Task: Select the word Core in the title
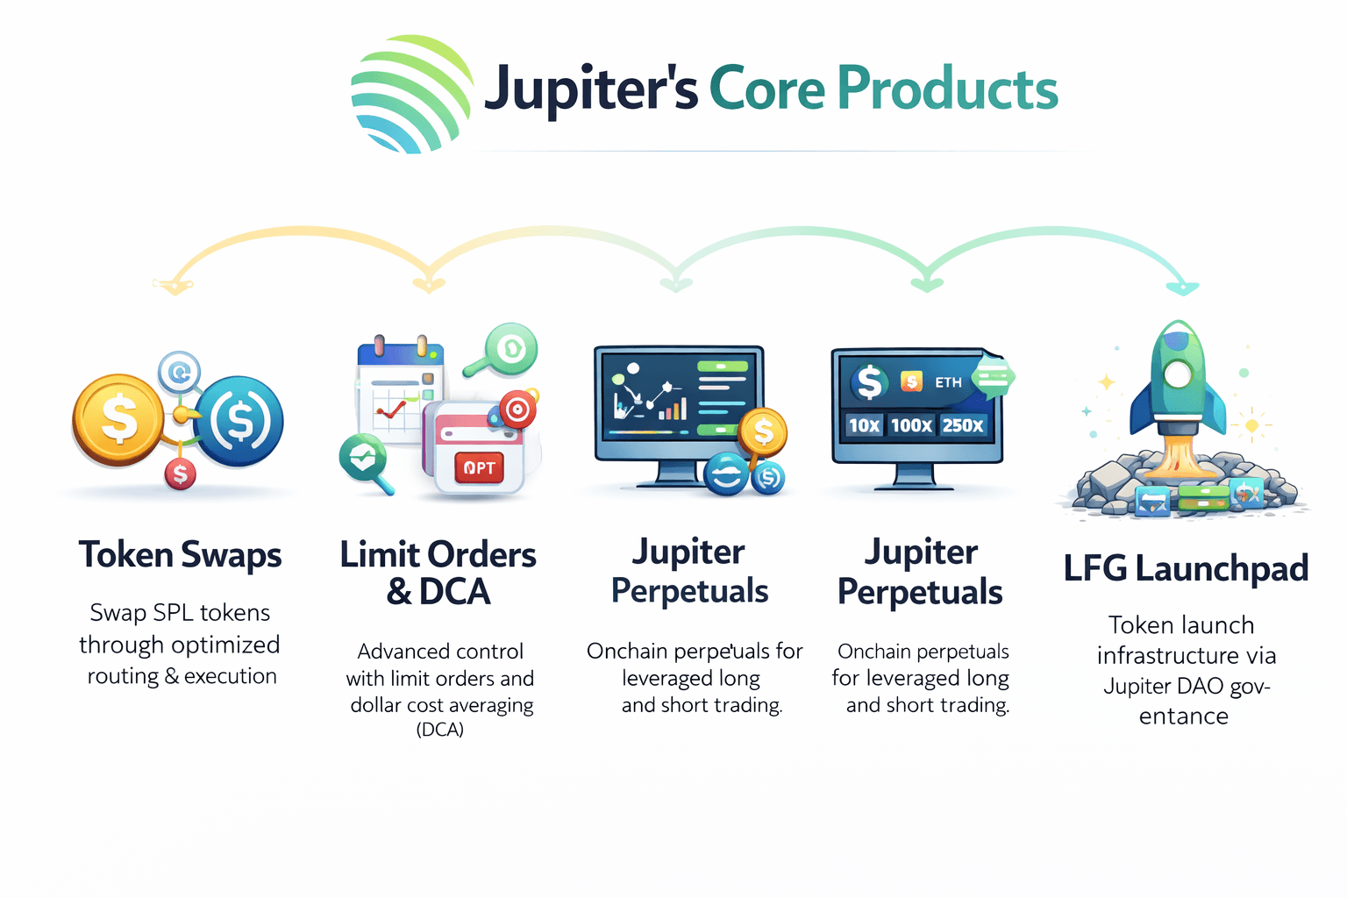(x=766, y=89)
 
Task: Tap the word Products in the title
(x=947, y=89)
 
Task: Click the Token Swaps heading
(x=180, y=555)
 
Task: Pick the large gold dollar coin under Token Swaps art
(x=118, y=419)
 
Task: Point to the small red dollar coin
(x=180, y=474)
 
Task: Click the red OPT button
(x=479, y=468)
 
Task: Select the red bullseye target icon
(x=517, y=409)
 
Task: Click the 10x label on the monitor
(x=864, y=425)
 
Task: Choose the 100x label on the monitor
(x=911, y=425)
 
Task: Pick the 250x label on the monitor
(x=963, y=425)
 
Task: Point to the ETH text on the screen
(x=948, y=382)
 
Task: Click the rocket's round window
(x=1178, y=374)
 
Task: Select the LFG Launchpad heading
(x=1186, y=568)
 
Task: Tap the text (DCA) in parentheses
(x=440, y=730)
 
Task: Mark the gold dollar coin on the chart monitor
(x=762, y=431)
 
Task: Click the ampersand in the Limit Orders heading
(x=399, y=592)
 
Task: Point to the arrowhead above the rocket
(x=1183, y=288)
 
